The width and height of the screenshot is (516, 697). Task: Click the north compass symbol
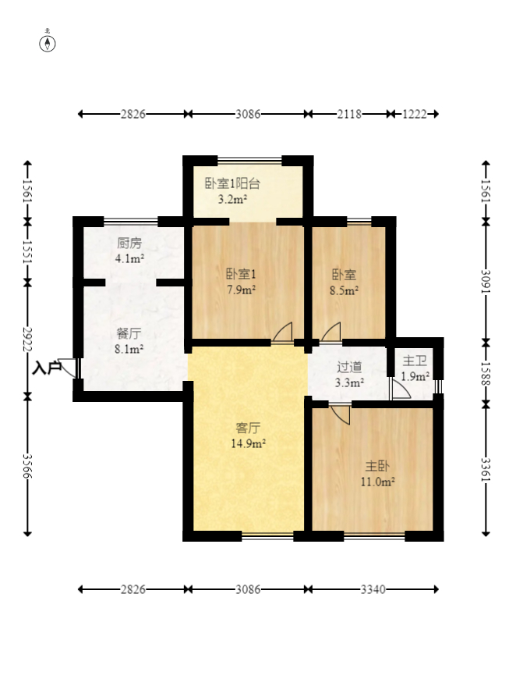(x=48, y=44)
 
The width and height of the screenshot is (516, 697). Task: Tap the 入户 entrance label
(x=47, y=368)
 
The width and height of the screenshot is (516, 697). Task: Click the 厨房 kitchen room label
(x=129, y=244)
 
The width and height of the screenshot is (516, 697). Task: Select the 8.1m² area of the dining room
(x=129, y=349)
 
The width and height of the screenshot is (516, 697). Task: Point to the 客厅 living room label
(x=248, y=428)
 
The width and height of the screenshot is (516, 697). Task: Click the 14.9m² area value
(x=248, y=443)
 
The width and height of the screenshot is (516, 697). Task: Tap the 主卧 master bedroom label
(x=377, y=466)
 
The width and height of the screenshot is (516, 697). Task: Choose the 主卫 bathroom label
(x=415, y=361)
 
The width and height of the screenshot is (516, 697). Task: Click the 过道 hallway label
(x=349, y=367)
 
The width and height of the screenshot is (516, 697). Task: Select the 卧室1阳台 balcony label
(x=232, y=183)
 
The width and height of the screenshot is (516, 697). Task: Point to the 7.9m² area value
(x=241, y=290)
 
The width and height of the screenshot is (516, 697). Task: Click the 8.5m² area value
(x=345, y=290)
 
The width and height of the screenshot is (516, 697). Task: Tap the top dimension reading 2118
(x=349, y=114)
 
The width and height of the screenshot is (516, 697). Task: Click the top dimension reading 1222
(x=415, y=114)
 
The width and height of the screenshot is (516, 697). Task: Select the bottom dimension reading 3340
(x=373, y=589)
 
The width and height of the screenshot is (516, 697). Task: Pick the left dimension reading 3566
(x=27, y=466)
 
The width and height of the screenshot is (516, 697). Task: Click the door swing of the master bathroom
(x=401, y=389)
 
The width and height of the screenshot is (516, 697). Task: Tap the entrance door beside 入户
(x=69, y=368)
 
